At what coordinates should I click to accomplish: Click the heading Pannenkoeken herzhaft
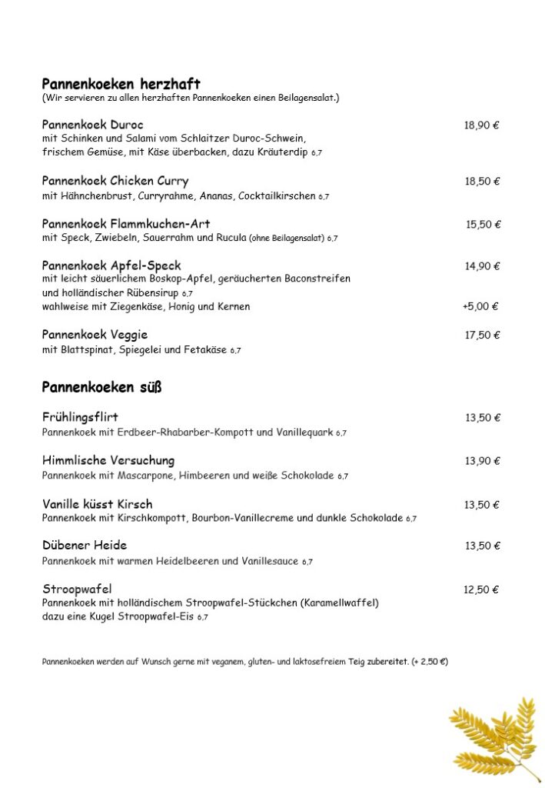121,83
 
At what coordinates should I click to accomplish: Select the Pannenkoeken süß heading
101,387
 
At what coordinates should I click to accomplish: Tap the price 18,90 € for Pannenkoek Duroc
481,125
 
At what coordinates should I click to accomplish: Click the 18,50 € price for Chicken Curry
481,182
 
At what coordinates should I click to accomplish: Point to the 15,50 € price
483,225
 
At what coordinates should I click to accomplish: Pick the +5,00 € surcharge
480,306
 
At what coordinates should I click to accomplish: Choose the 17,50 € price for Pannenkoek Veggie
482,336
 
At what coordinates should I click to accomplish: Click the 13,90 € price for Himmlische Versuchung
482,461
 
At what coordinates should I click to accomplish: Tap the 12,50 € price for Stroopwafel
480,590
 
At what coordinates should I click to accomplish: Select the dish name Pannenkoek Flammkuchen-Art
126,224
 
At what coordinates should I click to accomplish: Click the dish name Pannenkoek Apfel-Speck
111,265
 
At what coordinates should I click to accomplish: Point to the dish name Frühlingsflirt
80,417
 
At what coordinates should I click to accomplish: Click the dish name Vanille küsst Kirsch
97,504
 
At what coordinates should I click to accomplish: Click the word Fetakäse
203,349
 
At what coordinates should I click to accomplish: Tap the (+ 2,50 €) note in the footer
430,661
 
